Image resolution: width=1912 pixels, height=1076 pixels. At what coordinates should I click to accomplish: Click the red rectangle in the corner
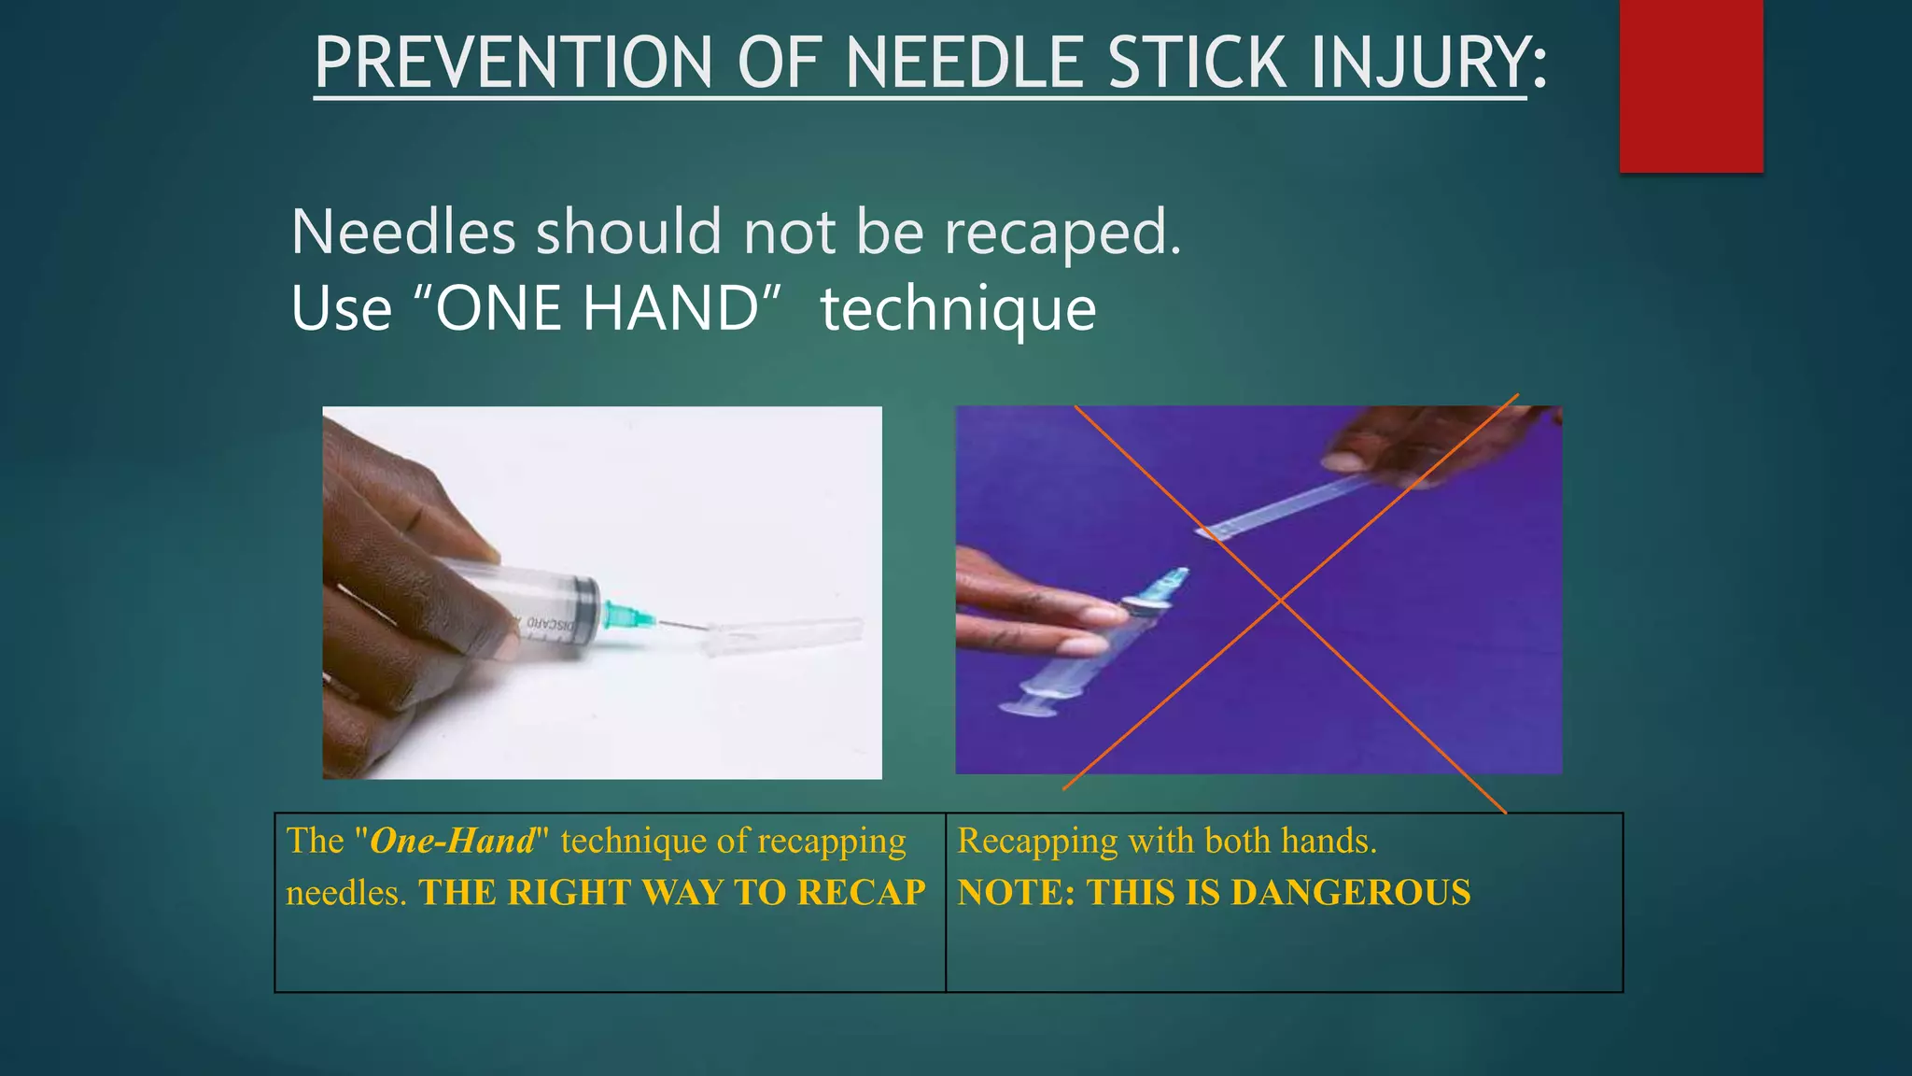[1691, 86]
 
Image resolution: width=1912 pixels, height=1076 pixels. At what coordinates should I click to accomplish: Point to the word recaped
[1062, 232]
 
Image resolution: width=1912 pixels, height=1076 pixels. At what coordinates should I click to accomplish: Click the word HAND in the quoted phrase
[670, 308]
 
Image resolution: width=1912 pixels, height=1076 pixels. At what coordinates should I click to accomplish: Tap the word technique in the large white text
[958, 308]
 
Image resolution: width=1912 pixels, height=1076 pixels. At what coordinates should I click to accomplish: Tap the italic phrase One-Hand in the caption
[453, 841]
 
